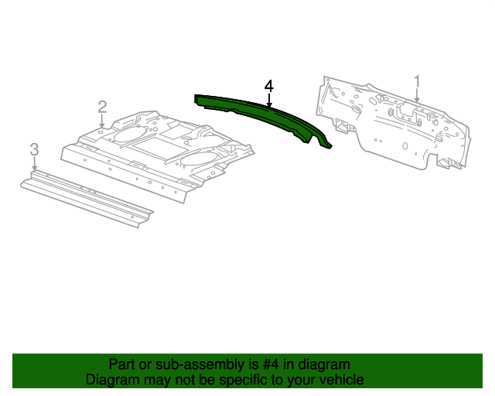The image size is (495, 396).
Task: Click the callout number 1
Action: coord(417,81)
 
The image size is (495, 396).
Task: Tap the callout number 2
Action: coord(101,107)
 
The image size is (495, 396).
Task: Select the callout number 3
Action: coord(33,148)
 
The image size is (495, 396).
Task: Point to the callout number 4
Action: coord(268,85)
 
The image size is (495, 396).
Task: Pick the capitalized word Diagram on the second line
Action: coord(111,380)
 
